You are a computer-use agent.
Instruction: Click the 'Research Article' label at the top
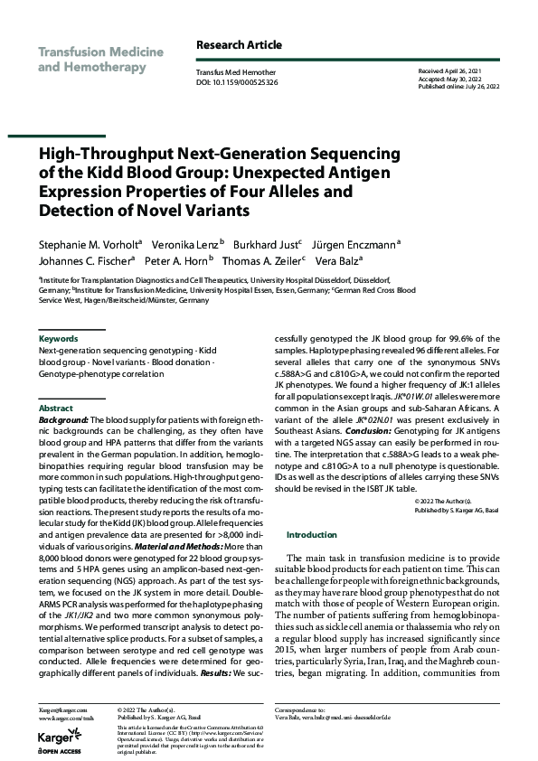point(239,45)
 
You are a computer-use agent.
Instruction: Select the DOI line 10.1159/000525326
point(237,81)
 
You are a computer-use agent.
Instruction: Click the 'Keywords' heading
point(59,338)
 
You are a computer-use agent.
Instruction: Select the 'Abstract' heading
point(55,409)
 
